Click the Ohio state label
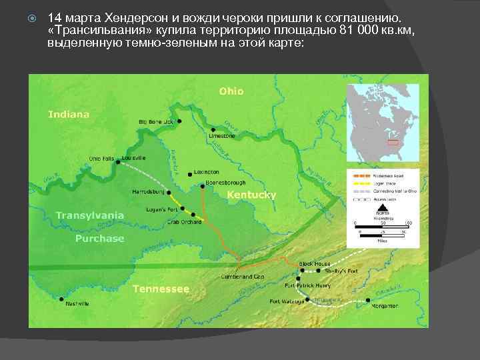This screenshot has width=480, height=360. point(231,91)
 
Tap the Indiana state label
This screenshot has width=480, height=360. point(69,114)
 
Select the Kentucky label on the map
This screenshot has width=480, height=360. point(251,195)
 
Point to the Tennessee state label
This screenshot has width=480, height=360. point(161,289)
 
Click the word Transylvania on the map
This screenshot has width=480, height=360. point(90,215)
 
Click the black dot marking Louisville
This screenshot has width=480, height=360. point(118,162)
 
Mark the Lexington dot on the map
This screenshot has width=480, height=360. point(191,175)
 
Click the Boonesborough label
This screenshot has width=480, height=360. point(225,183)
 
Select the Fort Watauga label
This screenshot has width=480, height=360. point(287,301)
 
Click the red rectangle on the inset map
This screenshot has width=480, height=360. point(393,142)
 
